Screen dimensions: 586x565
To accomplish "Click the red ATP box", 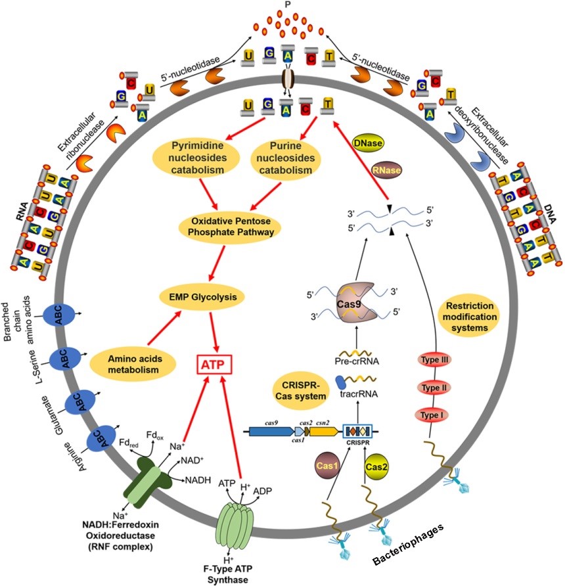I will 211,364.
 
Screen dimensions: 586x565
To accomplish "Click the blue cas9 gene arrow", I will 269,432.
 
